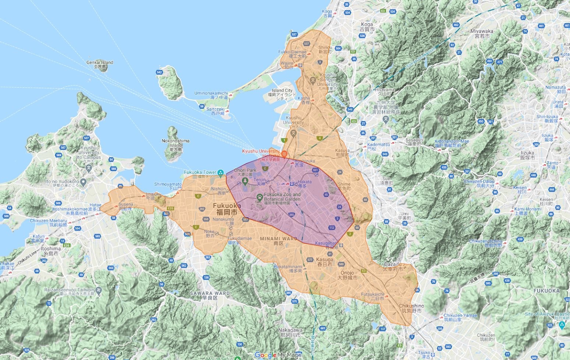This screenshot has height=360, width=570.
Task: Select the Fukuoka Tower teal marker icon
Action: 220,172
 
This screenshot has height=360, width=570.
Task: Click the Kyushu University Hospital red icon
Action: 284,154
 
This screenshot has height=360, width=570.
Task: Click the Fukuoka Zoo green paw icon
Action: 259,197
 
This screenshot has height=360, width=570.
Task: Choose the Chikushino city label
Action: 411,308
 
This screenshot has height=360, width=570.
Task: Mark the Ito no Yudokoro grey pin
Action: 84,182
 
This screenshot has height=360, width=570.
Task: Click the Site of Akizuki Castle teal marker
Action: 562,325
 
